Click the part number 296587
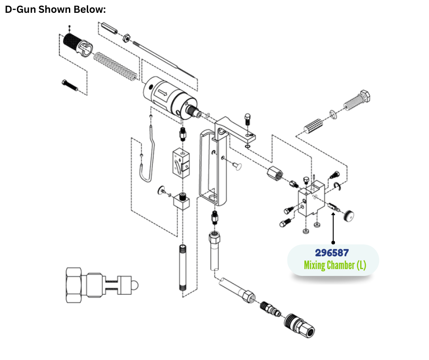pos(332,253)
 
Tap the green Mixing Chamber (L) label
pos(335,265)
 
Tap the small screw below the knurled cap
pos(69,85)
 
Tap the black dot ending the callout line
pos(333,243)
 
